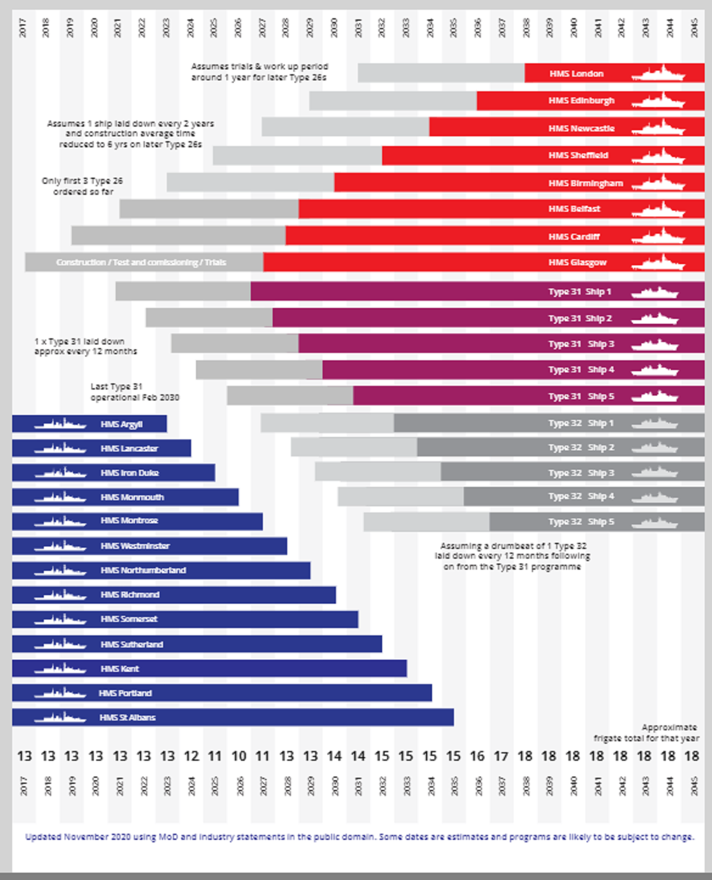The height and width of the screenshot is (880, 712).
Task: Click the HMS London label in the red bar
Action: pos(576,74)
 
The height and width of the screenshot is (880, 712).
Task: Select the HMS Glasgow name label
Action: pos(577,262)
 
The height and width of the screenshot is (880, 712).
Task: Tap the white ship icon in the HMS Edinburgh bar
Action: pos(658,100)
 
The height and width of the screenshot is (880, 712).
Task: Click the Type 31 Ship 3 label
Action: pos(581,344)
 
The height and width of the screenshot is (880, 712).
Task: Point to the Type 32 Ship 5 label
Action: pos(581,522)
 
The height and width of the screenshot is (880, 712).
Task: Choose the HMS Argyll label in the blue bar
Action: pos(122,424)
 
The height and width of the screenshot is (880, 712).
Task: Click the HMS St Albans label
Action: pos(127,718)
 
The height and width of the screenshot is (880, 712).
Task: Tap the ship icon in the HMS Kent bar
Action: pos(60,668)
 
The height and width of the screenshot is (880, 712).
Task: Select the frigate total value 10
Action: pos(239,756)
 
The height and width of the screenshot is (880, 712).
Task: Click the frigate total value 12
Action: pos(191,756)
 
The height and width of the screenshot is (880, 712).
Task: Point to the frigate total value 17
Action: pos(501,756)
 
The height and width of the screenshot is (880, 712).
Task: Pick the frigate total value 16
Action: pos(477,756)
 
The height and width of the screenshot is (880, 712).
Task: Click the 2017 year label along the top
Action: pos(23,28)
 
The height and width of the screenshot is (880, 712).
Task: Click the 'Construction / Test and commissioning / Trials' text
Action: pos(141,262)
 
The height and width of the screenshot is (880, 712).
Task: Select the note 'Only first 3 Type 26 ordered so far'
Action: pos(82,186)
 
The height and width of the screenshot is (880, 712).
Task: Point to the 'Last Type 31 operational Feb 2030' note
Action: pos(134,392)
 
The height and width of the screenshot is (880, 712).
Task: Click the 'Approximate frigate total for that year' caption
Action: pos(647,733)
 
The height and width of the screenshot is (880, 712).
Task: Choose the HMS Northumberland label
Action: pos(143,570)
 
